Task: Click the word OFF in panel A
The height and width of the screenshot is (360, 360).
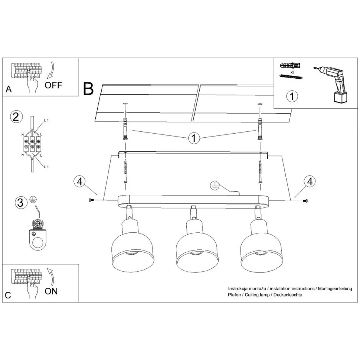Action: (53, 85)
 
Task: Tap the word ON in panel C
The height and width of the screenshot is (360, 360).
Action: (51, 291)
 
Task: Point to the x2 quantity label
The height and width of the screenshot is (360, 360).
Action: (292, 72)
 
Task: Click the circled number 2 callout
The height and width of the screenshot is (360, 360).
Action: (15, 117)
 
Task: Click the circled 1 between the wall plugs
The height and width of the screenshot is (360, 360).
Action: (193, 138)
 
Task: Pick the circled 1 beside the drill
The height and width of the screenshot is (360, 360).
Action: (292, 96)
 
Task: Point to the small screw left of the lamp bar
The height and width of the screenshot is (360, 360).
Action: (91, 200)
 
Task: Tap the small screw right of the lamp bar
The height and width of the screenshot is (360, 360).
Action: (305, 200)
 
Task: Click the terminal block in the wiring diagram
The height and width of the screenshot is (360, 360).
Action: (32, 144)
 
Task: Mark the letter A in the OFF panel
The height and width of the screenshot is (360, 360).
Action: (9, 89)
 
